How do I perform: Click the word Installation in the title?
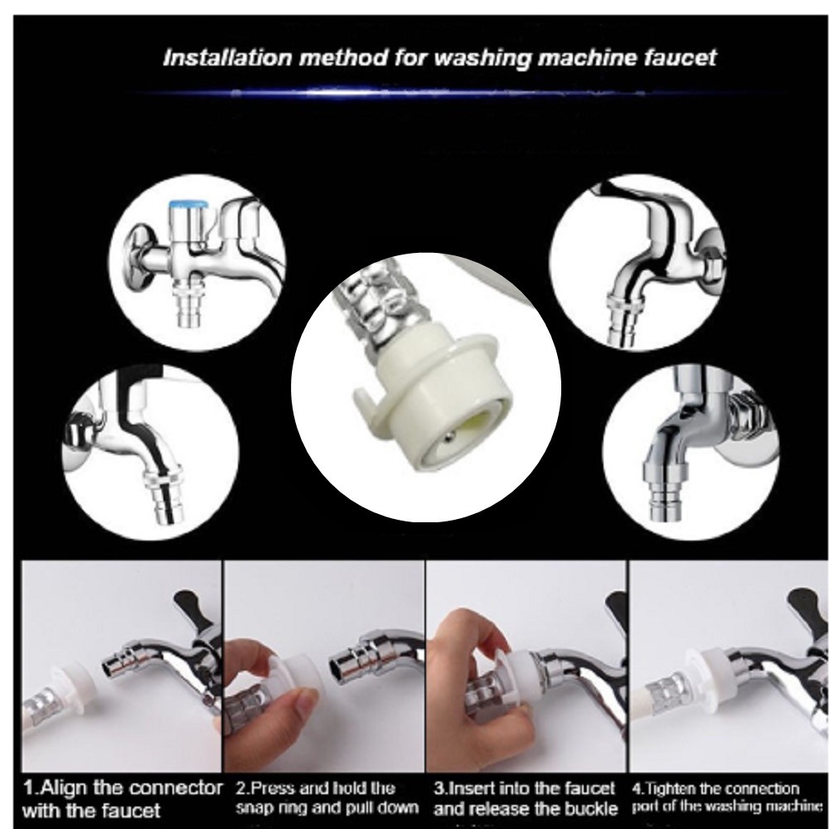click(227, 57)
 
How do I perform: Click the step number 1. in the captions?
click(31, 788)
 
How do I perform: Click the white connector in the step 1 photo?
click(74, 682)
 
